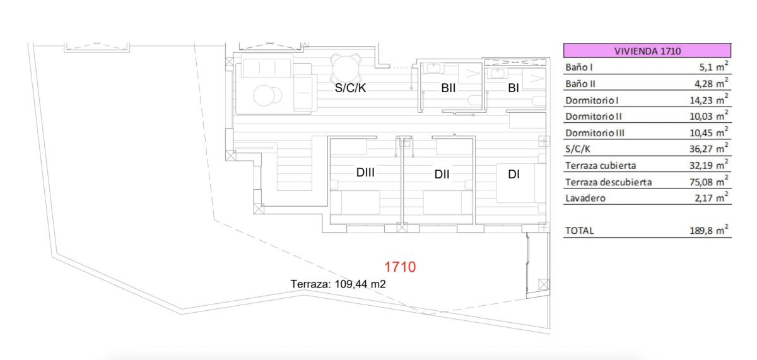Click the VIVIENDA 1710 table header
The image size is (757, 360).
(x=647, y=51)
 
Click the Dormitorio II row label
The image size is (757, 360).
(x=594, y=117)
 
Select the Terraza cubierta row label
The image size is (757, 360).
(x=601, y=166)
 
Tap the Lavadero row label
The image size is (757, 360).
(x=585, y=199)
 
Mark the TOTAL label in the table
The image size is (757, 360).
(x=579, y=231)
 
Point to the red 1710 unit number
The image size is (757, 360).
(x=400, y=267)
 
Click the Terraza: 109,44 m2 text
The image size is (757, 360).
(x=338, y=284)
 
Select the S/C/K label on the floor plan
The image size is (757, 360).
(x=350, y=89)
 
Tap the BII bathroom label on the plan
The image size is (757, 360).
(x=449, y=89)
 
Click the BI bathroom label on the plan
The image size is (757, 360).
(x=513, y=89)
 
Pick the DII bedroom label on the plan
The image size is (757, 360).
(x=442, y=175)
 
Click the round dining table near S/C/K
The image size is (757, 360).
(x=344, y=66)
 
